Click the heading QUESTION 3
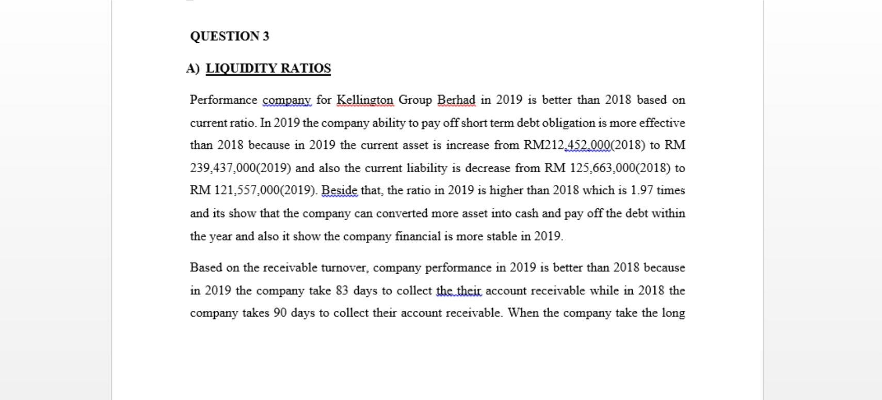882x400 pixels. click(230, 36)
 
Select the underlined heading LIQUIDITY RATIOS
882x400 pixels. click(268, 69)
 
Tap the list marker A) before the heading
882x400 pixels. click(193, 69)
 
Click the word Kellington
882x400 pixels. click(365, 100)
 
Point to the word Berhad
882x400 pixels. click(456, 100)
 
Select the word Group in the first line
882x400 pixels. click(415, 100)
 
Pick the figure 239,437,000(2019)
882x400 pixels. click(240, 168)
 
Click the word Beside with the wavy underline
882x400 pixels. click(339, 191)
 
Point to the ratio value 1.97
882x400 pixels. click(642, 191)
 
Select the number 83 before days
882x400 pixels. click(342, 291)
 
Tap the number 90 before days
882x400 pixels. click(280, 313)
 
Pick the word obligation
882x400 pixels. click(569, 123)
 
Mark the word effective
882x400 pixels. click(662, 123)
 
